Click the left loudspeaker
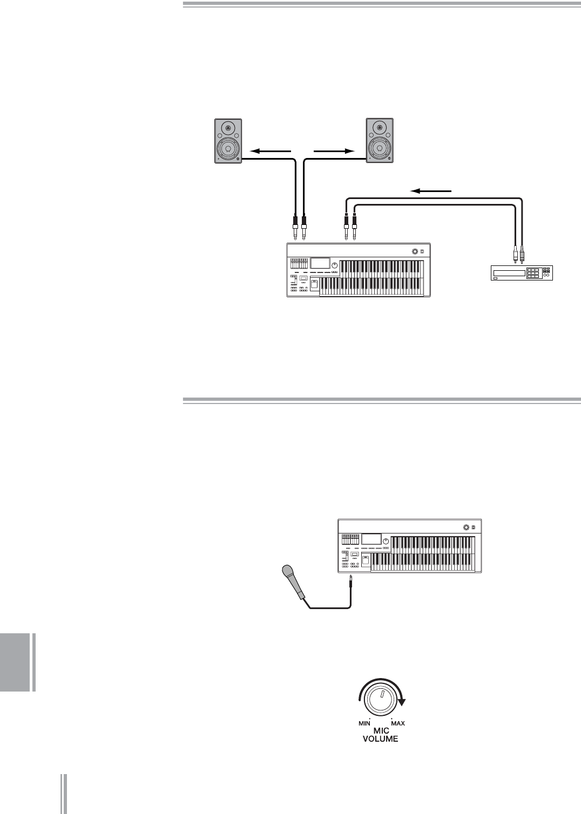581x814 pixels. coord(228,140)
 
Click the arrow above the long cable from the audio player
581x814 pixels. coord(430,190)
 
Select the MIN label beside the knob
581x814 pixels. coord(364,723)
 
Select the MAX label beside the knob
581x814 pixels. coord(397,723)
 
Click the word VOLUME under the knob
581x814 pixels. coord(380,739)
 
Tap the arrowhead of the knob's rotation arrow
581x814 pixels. coord(401,702)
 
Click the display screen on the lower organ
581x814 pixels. coord(371,539)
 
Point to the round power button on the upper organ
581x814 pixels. coord(415,251)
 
